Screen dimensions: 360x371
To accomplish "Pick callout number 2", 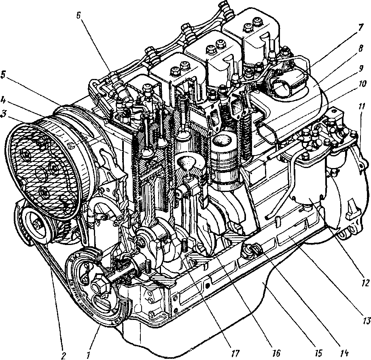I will click(62, 354).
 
